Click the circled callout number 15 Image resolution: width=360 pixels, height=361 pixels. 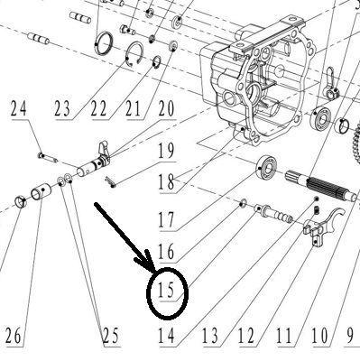point(166,291)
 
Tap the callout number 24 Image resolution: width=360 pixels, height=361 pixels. point(19,108)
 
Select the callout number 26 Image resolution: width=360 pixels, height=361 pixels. point(14,336)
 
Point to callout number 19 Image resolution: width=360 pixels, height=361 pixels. point(166,151)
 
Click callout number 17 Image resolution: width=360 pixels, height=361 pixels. point(166,219)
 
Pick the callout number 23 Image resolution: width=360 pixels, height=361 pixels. point(62,109)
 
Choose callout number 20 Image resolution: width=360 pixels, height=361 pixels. point(166,108)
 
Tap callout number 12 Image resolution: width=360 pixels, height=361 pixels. point(246,336)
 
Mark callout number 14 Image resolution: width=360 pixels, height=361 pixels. point(166,336)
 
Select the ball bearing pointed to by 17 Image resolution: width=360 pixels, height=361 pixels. point(267,167)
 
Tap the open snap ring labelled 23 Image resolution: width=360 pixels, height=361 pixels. point(134,54)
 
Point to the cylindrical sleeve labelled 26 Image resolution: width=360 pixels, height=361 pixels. point(41,192)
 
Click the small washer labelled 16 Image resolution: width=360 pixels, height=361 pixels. point(244,203)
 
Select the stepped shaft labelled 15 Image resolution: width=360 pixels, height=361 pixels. point(273,214)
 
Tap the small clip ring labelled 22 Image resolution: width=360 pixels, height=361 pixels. point(156,62)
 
